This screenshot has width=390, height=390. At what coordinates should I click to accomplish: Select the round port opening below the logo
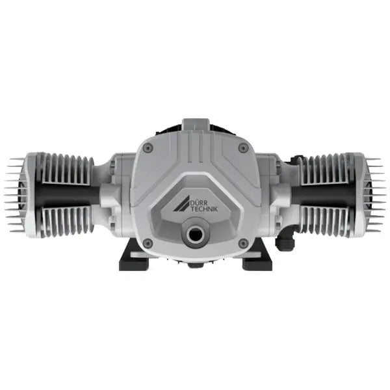coord(194,233)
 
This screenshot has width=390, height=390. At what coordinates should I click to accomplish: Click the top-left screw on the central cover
coord(149,148)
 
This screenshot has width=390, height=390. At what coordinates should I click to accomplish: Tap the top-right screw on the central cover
coord(241,148)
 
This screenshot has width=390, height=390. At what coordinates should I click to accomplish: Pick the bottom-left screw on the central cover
coord(148,243)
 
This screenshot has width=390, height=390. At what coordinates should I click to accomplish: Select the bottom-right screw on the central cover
coord(242,243)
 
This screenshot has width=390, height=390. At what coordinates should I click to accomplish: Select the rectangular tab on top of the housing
coord(195,125)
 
